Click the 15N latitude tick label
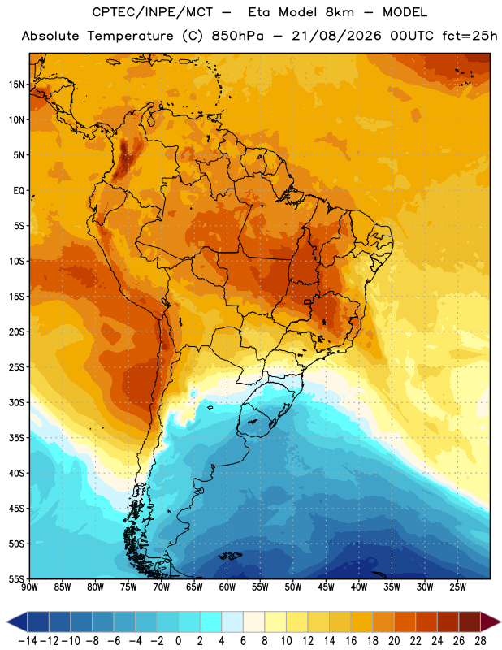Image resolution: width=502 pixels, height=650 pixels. coord(16,84)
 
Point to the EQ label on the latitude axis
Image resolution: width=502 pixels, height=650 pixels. coord(19,191)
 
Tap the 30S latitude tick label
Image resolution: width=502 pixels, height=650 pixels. coord(16,402)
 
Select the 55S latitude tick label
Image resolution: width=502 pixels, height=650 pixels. coord(16,579)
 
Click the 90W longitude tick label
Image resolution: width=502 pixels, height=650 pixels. coord(29,587)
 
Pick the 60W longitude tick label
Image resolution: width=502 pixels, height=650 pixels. coord(227,587)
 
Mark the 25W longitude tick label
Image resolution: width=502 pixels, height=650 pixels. coord(457,587)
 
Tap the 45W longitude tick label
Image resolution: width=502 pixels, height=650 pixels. coord(326,587)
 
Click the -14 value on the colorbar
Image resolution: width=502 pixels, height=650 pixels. coord(28,641)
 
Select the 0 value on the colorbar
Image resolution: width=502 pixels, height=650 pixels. coord(178,641)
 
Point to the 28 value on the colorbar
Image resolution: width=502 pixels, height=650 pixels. coord(480,641)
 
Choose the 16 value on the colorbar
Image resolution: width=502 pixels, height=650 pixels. coord(351,641)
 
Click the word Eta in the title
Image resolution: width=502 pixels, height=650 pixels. coord(259,12)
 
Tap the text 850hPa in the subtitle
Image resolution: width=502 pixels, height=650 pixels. coord(237,36)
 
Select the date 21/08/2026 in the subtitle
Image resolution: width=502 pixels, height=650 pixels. coord(336,36)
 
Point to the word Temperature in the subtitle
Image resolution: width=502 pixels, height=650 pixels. coord(130,36)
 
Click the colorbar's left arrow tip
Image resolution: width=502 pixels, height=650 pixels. coord(6,622)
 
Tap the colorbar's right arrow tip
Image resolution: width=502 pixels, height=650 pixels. coord(500,622)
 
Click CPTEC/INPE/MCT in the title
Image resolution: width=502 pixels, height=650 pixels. coord(152,12)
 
